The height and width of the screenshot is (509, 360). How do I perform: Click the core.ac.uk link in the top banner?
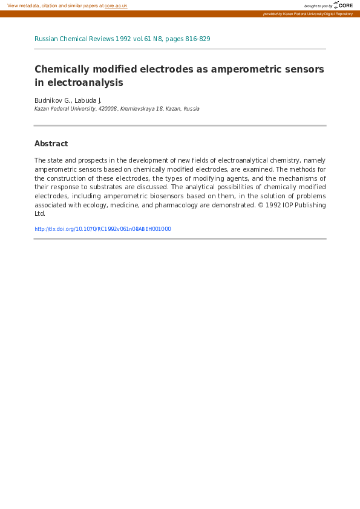pos(116,5)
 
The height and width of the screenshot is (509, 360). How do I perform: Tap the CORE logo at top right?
pos(343,5)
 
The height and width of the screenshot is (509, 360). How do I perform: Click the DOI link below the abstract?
pos(103,229)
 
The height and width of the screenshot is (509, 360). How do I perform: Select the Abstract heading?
pos(51,144)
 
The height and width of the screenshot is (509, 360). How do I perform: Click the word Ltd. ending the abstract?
pos(40,213)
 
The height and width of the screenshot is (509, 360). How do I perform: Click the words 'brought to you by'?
pos(318,6)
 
